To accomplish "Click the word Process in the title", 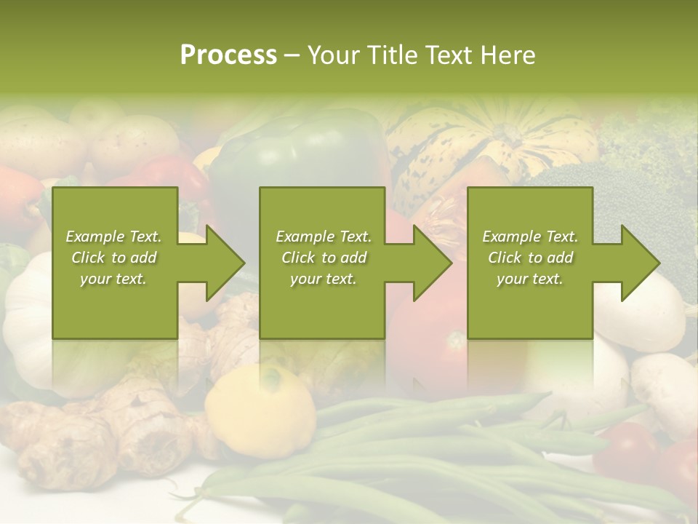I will pyautogui.click(x=228, y=55).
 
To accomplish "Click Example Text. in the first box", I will pyautogui.click(x=114, y=237).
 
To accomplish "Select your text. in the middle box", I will pyautogui.click(x=323, y=279).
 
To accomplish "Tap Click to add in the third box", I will pyautogui.click(x=530, y=258).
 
